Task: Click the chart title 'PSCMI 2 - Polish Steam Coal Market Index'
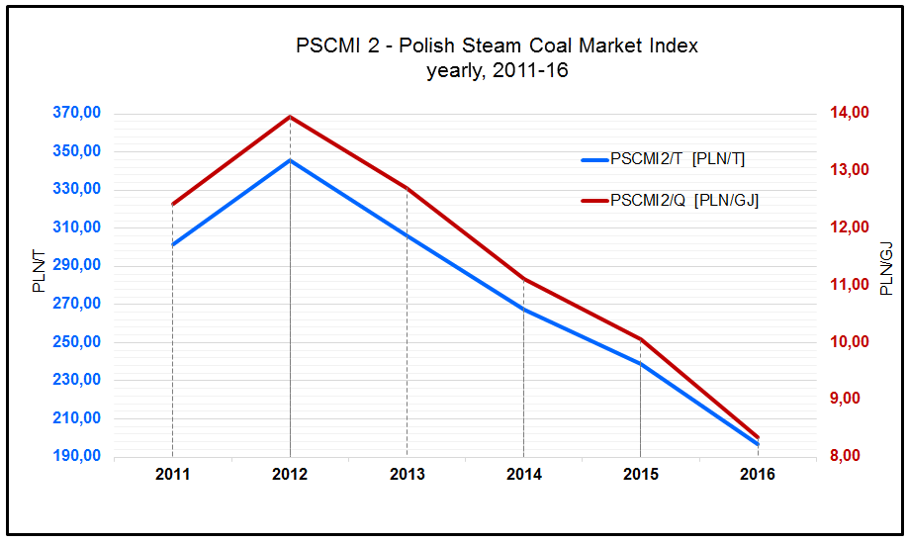(497, 46)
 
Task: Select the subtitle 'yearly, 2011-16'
(497, 71)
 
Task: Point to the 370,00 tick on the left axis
(76, 114)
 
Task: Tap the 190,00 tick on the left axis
(76, 457)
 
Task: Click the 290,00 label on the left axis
(76, 266)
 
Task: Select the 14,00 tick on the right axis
(848, 113)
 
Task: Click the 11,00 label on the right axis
(848, 285)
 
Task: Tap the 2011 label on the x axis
(172, 476)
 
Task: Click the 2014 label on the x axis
(523, 476)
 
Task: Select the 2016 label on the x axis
(758, 476)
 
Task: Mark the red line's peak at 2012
(290, 117)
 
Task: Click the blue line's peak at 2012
(290, 160)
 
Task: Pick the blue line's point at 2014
(523, 310)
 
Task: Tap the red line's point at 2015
(641, 339)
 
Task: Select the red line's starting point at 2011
(173, 205)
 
